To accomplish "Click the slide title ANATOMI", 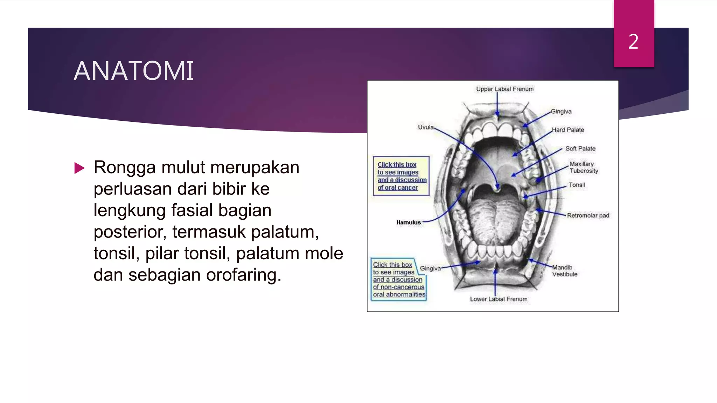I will click(x=133, y=71).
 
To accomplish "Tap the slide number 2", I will click(x=633, y=42).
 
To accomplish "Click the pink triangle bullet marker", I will click(x=79, y=168).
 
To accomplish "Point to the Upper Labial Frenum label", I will click(x=504, y=89).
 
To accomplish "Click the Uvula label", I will click(x=425, y=127).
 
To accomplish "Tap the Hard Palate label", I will click(x=568, y=130).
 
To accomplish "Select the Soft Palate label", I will click(x=580, y=149).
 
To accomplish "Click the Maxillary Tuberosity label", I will click(x=583, y=167).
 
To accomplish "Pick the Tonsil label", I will click(x=577, y=185).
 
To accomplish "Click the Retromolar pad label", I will click(x=588, y=215).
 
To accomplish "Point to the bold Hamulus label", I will click(x=409, y=222).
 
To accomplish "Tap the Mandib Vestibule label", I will click(x=564, y=271).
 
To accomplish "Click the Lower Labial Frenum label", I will click(x=499, y=299).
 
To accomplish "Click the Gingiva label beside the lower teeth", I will click(x=430, y=268).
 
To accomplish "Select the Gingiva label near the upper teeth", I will click(x=561, y=112).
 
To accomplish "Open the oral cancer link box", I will click(x=401, y=176).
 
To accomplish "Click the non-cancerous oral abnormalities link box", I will click(x=398, y=280).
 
